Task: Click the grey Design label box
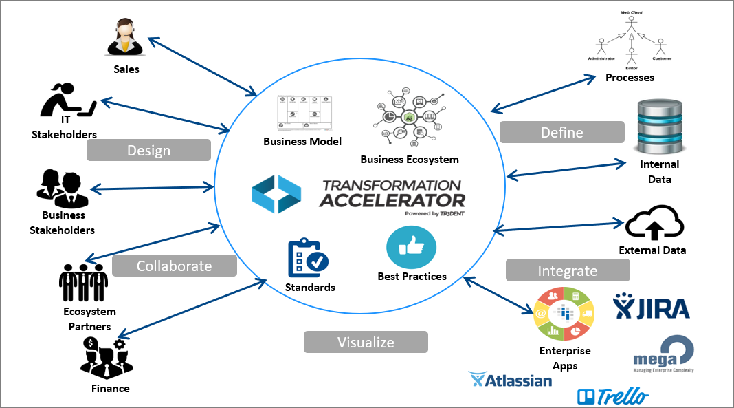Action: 148,150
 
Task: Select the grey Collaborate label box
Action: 174,266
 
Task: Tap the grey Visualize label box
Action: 366,342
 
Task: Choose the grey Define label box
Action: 561,132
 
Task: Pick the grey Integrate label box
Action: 568,270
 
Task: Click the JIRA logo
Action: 652,306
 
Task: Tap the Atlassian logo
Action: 510,380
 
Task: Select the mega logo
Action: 663,353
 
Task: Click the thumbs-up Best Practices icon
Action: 412,246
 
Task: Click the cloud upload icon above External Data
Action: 654,221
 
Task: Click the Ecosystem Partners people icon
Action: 83,282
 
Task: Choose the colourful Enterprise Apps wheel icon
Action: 565,314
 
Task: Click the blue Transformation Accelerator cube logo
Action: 276,193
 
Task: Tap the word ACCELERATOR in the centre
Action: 392,200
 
